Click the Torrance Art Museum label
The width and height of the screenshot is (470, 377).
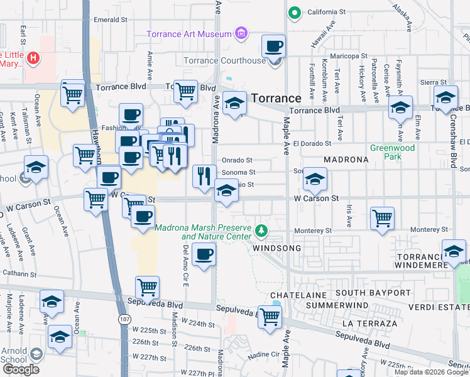pos(189,33)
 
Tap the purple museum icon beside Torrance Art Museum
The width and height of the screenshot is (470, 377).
pos(240,33)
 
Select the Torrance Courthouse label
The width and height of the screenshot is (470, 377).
pos(224,61)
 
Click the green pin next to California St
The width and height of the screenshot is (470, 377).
pos(293,12)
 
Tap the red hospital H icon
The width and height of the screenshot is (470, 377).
pos(33,58)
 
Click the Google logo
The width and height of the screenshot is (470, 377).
pos(21,369)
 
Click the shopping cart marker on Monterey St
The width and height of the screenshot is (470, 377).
pos(382,219)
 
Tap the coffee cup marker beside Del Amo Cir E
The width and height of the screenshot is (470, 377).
pos(204,255)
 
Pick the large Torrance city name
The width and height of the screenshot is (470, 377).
pos(276,99)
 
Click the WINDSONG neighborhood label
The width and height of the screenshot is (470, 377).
pos(277,248)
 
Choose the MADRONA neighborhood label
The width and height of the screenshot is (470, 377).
pos(346,160)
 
